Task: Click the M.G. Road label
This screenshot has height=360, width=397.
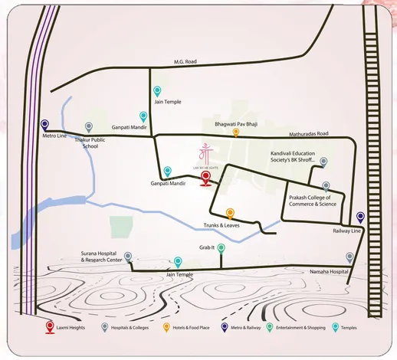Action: click(186, 63)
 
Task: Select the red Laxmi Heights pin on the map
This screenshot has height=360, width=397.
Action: click(205, 178)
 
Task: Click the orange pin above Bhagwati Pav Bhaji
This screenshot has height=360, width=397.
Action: click(235, 131)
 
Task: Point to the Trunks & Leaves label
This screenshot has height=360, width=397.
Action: click(222, 225)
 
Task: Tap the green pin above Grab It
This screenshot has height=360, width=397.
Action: click(221, 247)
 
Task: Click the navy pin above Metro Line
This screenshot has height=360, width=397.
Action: click(45, 124)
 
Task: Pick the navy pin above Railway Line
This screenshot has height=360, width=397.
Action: click(360, 218)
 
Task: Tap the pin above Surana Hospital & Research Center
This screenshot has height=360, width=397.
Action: click(128, 257)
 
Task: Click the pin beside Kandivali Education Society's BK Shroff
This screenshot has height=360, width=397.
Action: click(323, 162)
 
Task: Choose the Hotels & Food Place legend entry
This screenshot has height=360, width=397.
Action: click(194, 328)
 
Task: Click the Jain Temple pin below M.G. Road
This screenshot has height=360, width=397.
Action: click(157, 90)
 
